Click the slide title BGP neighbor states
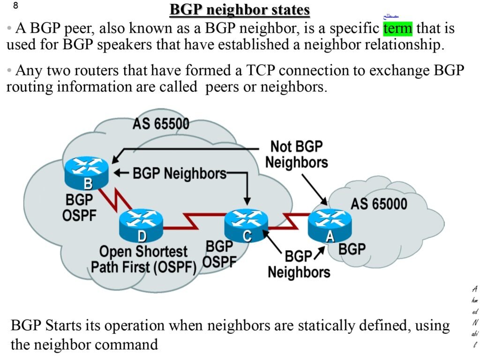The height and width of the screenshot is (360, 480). (x=240, y=10)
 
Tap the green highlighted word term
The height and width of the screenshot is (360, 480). (x=397, y=29)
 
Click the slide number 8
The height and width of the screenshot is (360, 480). (x=15, y=6)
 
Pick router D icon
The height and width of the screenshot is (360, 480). (x=141, y=226)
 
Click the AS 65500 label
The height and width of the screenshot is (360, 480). (x=161, y=124)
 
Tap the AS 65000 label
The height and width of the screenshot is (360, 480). (x=379, y=204)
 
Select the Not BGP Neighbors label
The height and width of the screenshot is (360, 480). (x=296, y=154)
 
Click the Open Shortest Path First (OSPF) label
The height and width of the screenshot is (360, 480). (x=143, y=259)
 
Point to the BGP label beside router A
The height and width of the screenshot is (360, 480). (x=352, y=248)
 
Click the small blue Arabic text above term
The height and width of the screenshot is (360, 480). (x=390, y=16)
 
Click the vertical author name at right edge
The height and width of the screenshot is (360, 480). (x=475, y=316)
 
